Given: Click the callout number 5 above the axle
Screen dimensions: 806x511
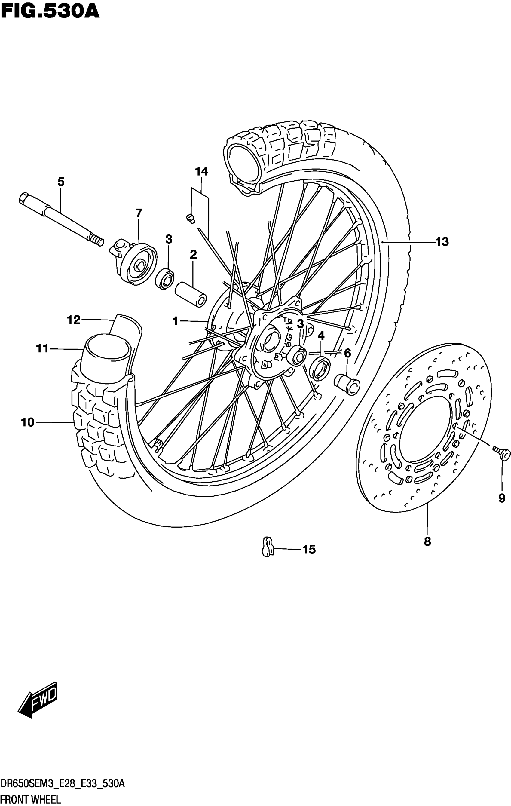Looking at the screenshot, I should [x=61, y=182].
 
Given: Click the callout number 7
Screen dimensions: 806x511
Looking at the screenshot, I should [x=139, y=213].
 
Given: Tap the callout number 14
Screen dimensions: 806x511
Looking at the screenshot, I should [x=201, y=171].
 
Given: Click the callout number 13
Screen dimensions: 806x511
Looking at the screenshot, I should [x=442, y=241].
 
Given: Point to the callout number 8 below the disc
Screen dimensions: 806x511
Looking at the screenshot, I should [x=427, y=541].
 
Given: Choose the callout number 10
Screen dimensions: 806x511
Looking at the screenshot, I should [x=27, y=422].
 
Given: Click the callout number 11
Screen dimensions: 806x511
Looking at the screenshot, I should [x=42, y=349].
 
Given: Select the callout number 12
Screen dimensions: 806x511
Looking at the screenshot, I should [x=74, y=320].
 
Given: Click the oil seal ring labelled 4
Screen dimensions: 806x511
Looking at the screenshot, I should [x=320, y=369].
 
